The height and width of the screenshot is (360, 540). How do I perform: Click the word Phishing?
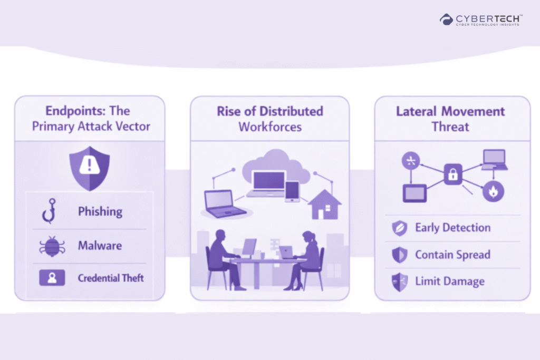tap(100, 212)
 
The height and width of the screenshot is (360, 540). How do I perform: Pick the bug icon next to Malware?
tap(51, 246)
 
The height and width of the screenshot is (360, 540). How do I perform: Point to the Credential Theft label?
tap(111, 278)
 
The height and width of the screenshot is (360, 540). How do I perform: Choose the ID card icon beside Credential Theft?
tap(52, 278)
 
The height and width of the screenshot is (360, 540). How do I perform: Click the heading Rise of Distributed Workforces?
tap(269, 119)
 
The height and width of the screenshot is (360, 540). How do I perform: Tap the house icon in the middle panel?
tap(324, 205)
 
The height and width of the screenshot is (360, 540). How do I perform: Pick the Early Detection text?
tap(452, 228)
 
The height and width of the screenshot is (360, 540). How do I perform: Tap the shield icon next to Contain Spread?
tap(399, 255)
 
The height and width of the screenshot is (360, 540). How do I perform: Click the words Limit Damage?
tap(449, 281)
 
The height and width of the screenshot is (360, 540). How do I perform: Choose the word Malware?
tap(100, 246)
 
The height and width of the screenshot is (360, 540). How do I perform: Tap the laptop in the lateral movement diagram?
tap(494, 160)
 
